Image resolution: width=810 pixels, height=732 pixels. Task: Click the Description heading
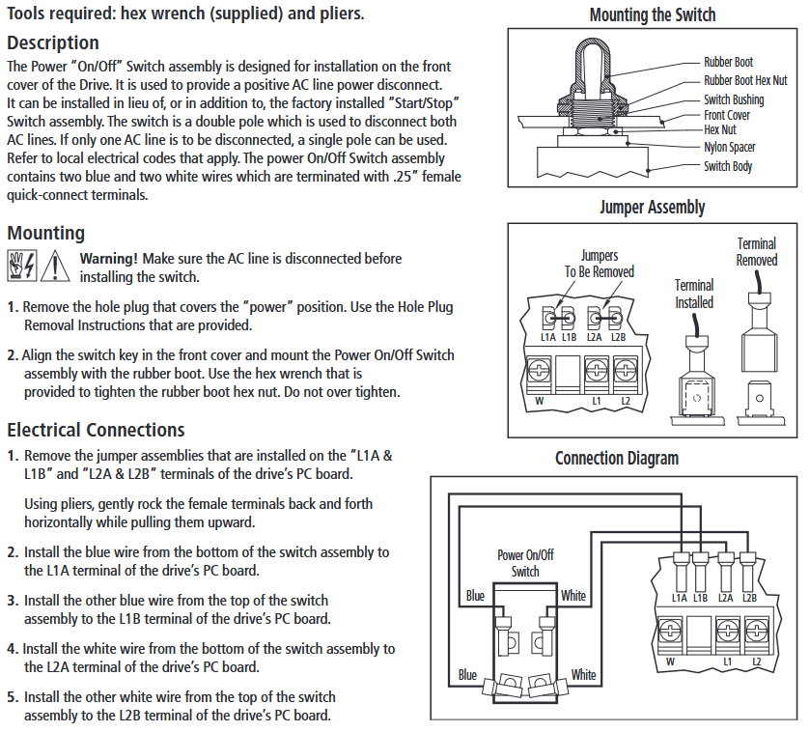point(53,43)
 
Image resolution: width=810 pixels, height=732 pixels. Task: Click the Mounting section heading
point(46,234)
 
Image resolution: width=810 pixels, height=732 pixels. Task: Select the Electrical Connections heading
point(96,430)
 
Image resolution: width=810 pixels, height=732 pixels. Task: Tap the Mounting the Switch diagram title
point(653,14)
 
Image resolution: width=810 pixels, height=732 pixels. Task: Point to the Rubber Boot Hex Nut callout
point(745,81)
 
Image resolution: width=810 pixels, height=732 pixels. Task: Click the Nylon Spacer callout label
point(730,148)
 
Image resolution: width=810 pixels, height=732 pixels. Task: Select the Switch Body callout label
point(728,166)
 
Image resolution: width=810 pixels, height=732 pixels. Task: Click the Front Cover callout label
point(727,116)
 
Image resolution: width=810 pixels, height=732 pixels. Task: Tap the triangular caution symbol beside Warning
point(55,265)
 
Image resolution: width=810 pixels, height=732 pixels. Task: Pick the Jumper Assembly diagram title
point(653,207)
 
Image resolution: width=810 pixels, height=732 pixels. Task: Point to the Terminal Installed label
point(694,294)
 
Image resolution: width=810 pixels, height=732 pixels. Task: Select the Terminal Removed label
point(757,252)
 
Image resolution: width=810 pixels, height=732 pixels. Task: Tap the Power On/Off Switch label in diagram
point(525,563)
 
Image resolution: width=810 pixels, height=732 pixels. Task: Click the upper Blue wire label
point(475,596)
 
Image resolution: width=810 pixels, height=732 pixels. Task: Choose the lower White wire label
point(583,674)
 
